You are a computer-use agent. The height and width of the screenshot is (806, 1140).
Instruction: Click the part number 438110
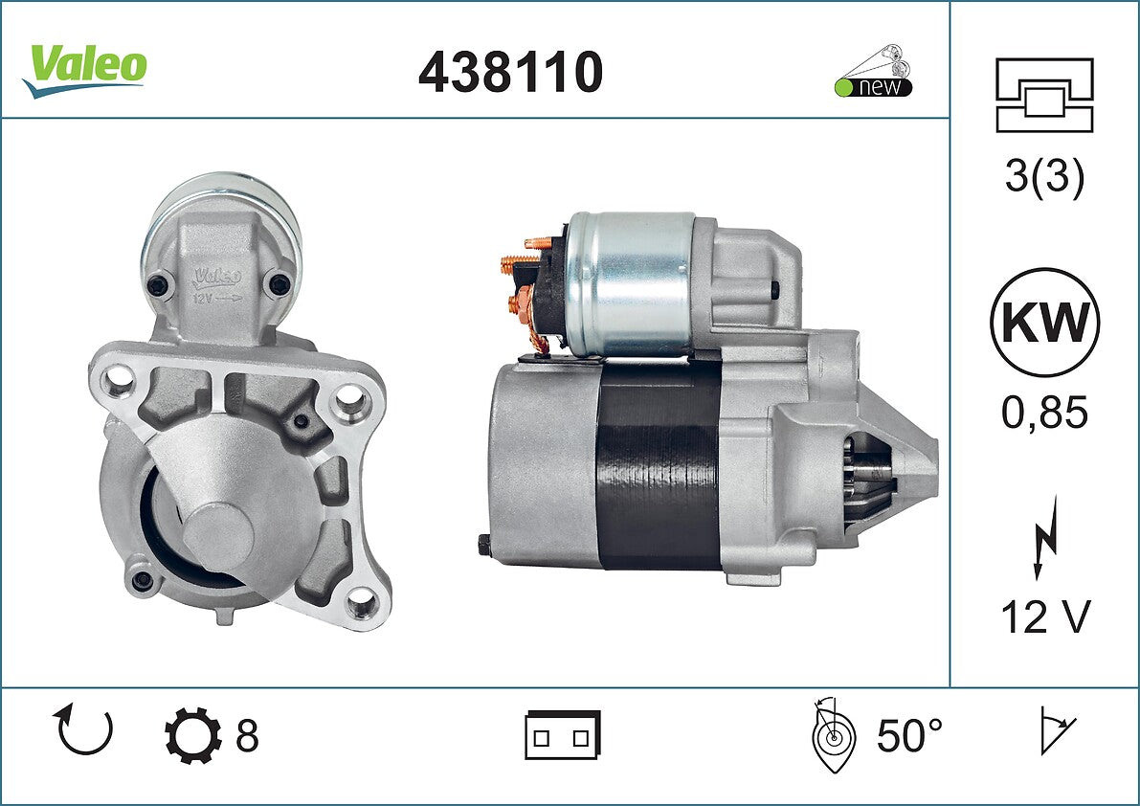pyautogui.click(x=510, y=72)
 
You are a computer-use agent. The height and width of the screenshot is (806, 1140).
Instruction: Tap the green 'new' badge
pyautogui.click(x=873, y=86)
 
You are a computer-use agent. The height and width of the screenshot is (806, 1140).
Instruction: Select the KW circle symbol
pyautogui.click(x=1044, y=322)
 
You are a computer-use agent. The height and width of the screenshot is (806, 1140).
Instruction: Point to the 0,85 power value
pyautogui.click(x=1044, y=412)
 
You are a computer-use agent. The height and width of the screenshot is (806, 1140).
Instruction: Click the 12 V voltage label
pyautogui.click(x=1045, y=617)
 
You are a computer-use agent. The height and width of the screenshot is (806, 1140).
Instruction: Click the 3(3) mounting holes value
pyautogui.click(x=1044, y=176)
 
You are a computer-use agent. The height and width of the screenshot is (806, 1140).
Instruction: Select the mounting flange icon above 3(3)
pyautogui.click(x=1044, y=95)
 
